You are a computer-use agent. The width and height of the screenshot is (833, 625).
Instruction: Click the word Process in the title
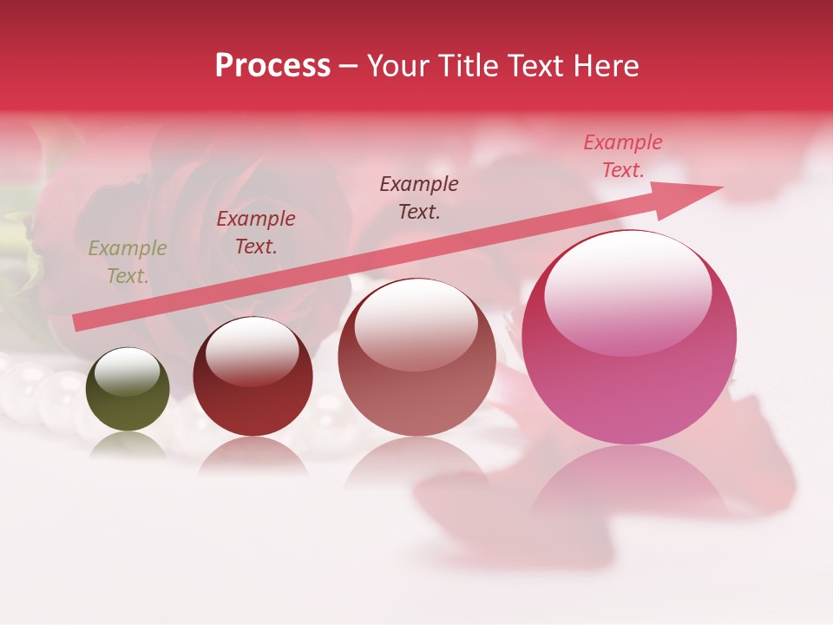point(272,66)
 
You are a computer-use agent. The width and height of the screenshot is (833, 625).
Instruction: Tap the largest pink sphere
point(629,347)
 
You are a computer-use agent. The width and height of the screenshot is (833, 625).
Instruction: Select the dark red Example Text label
point(256,233)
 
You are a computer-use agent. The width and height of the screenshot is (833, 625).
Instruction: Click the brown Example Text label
point(419,197)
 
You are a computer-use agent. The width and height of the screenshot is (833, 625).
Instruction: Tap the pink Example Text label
point(623,156)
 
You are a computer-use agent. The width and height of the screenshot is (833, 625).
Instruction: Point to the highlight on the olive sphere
point(127,372)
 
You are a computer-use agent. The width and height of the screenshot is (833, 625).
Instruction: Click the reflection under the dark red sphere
point(253,456)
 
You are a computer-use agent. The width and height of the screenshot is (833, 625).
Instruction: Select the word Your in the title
point(397,66)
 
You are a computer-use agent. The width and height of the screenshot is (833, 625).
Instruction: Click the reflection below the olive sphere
point(128,445)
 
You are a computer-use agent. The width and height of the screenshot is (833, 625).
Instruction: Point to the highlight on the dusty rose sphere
point(416,322)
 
